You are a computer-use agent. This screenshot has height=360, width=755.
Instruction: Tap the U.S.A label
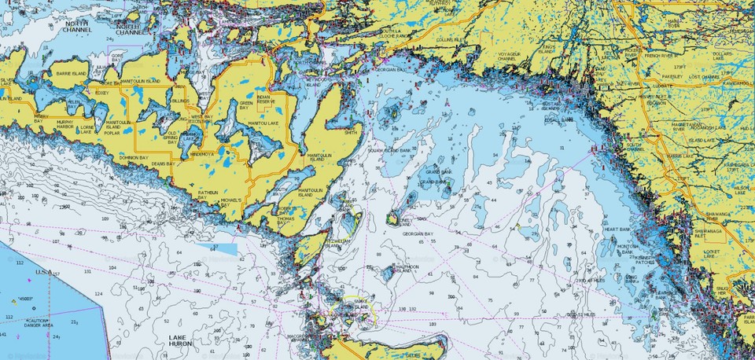(43, 272)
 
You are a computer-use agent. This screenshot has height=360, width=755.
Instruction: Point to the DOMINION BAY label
(134, 158)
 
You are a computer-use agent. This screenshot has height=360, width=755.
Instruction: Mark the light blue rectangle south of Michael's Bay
(215, 248)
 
